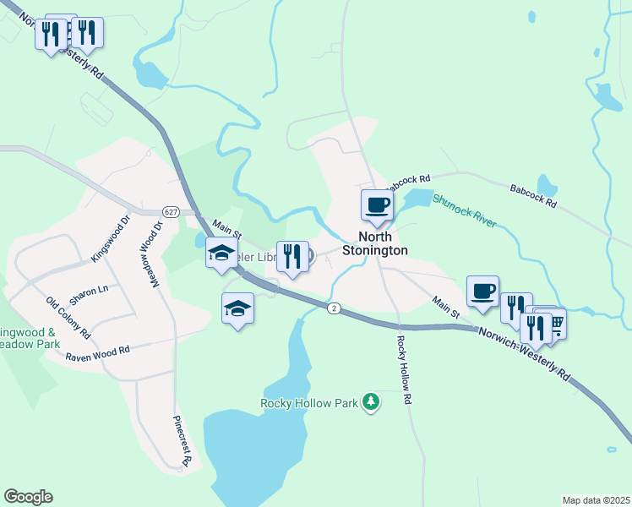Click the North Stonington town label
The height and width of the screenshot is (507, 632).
click(375, 244)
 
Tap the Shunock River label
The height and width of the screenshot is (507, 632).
click(464, 212)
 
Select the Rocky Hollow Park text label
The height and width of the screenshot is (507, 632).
click(310, 403)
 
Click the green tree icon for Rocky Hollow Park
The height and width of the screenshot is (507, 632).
click(370, 401)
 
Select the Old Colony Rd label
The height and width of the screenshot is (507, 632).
click(68, 318)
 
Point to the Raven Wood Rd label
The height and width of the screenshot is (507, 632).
click(97, 352)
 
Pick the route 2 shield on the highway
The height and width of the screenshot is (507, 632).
click(335, 309)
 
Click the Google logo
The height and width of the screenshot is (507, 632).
click(28, 497)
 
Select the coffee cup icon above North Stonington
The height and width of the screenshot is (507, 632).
click(377, 204)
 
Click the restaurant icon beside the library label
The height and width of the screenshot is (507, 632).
click(292, 256)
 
